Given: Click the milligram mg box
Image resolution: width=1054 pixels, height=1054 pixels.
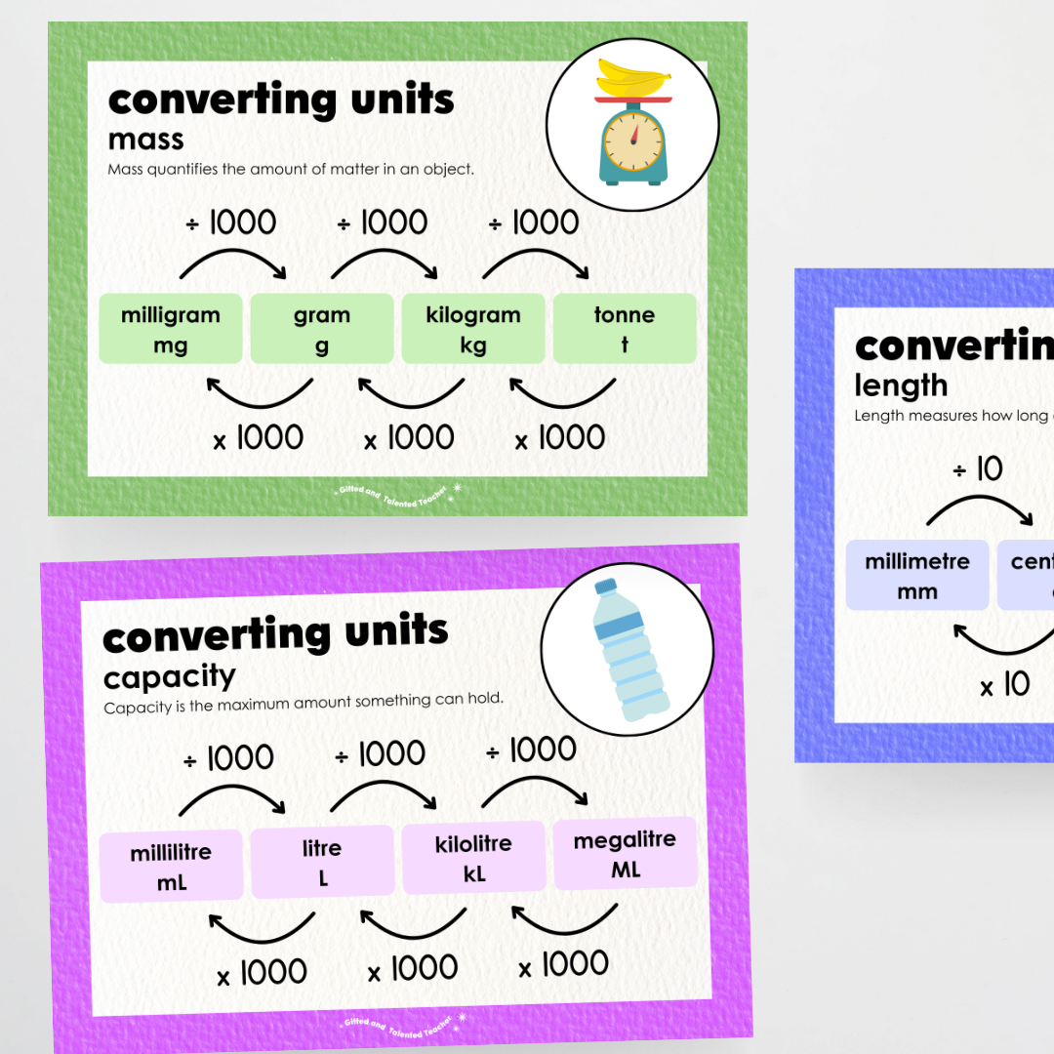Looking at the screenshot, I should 171,329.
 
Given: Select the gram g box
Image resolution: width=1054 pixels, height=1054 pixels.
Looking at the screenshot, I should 322,329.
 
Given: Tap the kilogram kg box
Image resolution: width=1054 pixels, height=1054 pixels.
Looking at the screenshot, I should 473,329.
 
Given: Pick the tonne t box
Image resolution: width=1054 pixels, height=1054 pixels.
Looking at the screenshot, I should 625,329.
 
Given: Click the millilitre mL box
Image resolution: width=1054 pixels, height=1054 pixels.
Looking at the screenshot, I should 171,867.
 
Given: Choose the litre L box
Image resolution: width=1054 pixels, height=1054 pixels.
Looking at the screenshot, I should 322,862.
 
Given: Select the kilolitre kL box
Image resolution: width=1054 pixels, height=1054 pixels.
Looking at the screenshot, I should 473,857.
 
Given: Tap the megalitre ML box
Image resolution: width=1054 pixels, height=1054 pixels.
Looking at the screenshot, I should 625,853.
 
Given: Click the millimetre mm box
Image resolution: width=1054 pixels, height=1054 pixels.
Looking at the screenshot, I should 917,576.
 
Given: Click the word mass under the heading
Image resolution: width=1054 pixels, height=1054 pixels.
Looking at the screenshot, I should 146,140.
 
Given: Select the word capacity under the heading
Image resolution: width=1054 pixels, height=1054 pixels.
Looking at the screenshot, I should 170,675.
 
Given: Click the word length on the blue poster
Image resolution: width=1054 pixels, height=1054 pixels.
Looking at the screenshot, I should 901,385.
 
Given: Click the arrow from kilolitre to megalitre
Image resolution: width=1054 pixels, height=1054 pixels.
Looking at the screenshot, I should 537,787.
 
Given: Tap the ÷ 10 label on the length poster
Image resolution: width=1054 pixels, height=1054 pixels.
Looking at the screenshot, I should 978,470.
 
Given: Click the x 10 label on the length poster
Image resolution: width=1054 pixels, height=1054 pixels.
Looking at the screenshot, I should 1005,685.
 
